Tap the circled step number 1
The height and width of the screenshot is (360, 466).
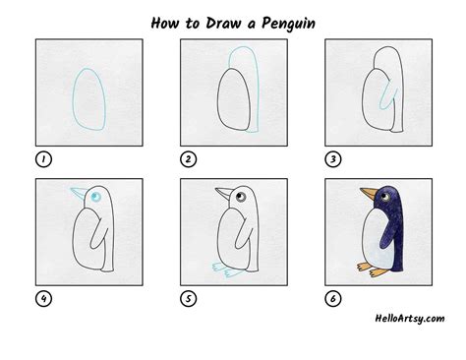point(42,158)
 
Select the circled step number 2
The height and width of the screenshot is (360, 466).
point(187,158)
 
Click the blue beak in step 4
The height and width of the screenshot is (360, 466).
point(77,192)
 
